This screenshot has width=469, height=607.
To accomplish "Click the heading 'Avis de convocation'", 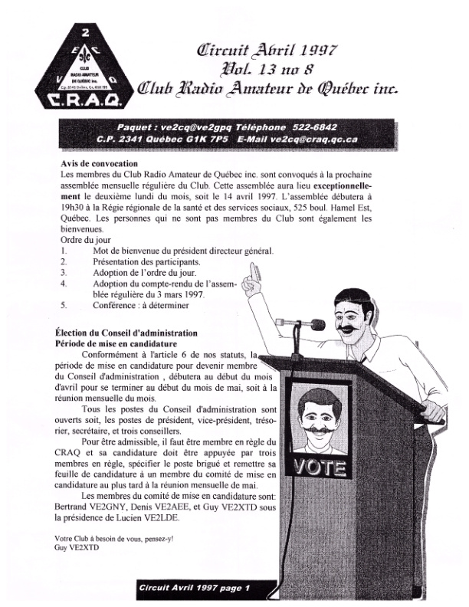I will click(x=99, y=164).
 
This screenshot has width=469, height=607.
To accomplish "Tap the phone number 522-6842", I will click(x=312, y=126).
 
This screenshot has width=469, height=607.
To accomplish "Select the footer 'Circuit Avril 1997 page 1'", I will click(x=195, y=588).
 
